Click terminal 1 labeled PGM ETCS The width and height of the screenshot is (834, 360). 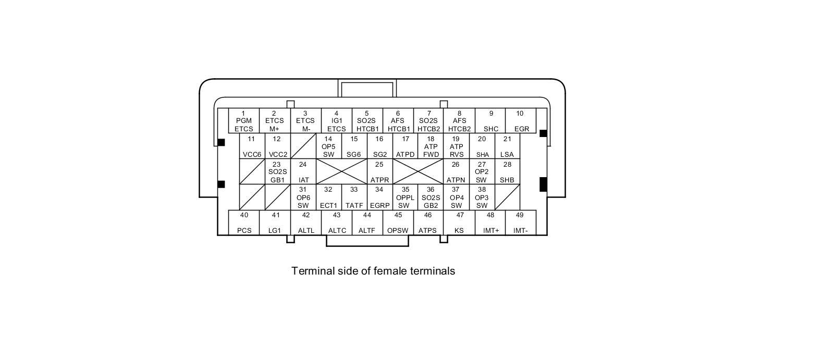pyautogui.click(x=243, y=121)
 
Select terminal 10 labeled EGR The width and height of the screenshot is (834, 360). pyautogui.click(x=521, y=121)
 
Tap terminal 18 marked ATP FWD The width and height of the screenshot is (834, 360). pyautogui.click(x=431, y=146)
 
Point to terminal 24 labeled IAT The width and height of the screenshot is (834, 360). pyautogui.click(x=303, y=172)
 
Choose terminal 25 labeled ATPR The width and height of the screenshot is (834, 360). pyautogui.click(x=379, y=172)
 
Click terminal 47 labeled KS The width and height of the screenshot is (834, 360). pyautogui.click(x=459, y=222)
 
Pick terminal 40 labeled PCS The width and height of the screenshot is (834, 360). pyautogui.click(x=244, y=222)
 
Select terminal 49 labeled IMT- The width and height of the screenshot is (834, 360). pyautogui.click(x=520, y=222)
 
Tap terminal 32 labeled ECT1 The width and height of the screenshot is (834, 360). pyautogui.click(x=328, y=197)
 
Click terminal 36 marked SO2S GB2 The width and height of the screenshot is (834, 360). pyautogui.click(x=431, y=197)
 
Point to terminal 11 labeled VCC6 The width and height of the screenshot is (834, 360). pyautogui.click(x=252, y=146)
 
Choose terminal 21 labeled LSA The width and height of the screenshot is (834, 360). pyautogui.click(x=507, y=146)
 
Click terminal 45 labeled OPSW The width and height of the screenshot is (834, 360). pyautogui.click(x=398, y=222)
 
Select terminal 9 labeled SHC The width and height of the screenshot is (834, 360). pyautogui.click(x=490, y=121)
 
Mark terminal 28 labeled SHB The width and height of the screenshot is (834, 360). pyautogui.click(x=507, y=172)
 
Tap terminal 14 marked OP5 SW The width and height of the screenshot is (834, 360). pyautogui.click(x=328, y=146)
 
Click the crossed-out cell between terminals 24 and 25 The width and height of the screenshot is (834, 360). pyautogui.click(x=341, y=171)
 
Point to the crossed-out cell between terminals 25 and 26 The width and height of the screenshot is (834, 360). pyautogui.click(x=418, y=171)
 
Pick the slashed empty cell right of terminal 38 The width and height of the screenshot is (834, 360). pyautogui.click(x=507, y=197)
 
